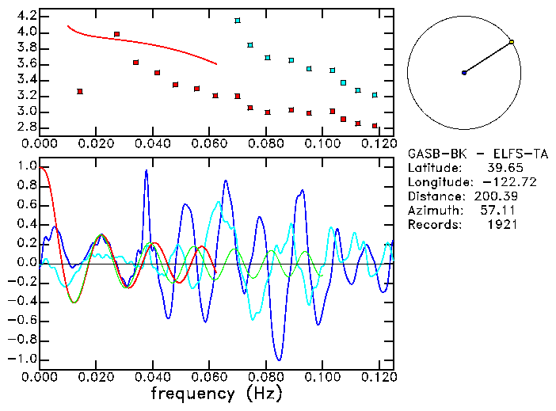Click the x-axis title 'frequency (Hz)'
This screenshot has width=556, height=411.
[215, 394]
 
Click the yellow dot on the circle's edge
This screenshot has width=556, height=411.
[512, 42]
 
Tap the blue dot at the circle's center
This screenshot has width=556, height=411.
[464, 73]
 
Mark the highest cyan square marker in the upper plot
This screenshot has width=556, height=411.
[238, 21]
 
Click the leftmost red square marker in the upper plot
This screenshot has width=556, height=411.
[80, 92]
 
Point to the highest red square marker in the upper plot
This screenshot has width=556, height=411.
[117, 34]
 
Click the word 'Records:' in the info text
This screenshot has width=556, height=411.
[432, 225]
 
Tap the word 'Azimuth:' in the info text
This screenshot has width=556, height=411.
[432, 211]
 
